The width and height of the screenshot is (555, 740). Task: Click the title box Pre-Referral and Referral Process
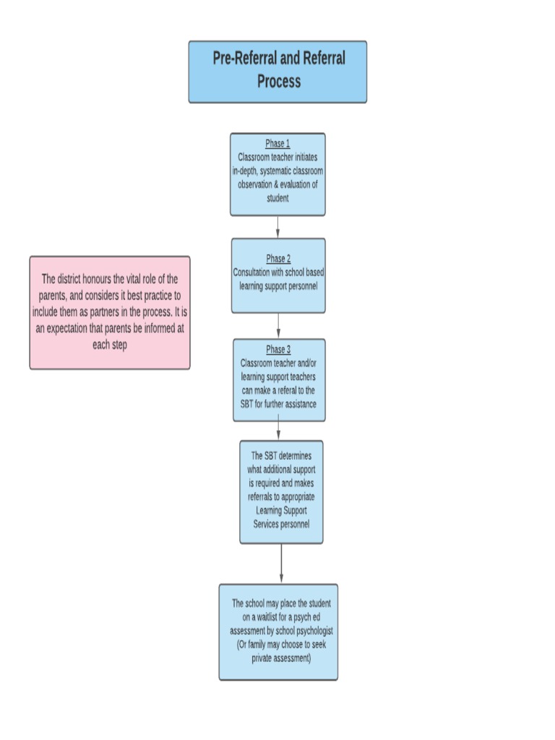[x=277, y=71]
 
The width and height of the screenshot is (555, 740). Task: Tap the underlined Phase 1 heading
[x=277, y=144]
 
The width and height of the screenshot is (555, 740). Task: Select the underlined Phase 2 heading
[x=278, y=259]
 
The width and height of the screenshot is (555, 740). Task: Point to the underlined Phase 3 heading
[x=278, y=350]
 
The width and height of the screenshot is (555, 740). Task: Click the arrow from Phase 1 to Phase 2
[x=277, y=227]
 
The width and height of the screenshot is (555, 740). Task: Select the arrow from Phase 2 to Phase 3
[x=278, y=326]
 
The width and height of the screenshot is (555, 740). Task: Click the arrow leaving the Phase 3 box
[x=279, y=431]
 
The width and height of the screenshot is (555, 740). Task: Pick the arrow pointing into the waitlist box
[x=281, y=564]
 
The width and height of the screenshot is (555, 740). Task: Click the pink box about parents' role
[x=110, y=312]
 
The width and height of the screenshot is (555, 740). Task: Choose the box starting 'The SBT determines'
[x=281, y=491]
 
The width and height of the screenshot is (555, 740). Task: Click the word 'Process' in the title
[x=278, y=81]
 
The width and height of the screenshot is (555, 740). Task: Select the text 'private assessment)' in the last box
[x=281, y=658]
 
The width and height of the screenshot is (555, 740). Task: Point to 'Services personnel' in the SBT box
[x=281, y=524]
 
